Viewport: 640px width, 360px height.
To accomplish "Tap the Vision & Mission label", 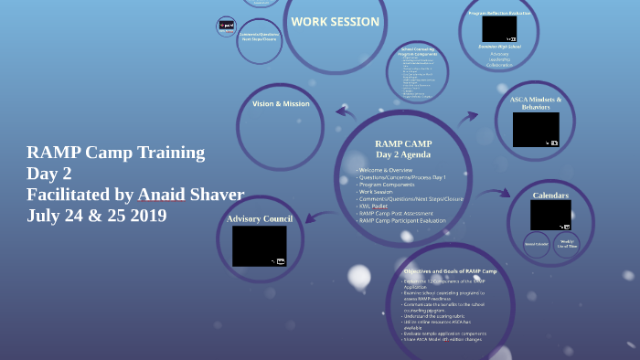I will coord(281,104).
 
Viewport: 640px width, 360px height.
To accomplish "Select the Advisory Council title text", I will coord(259,218).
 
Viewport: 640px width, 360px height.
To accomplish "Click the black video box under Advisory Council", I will coord(259,246).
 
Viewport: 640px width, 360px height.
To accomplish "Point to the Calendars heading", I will coord(550,196).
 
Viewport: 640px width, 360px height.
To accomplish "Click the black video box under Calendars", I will coord(550,215).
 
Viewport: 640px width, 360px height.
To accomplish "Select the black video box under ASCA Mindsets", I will coord(536,130).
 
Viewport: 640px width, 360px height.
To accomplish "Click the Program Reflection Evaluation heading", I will coord(500,13).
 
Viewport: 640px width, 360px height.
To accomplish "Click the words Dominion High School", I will coord(500,47).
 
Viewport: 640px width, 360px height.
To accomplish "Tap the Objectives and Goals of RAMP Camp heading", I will coord(450,272).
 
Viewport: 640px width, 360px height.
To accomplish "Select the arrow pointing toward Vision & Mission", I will coord(346,113).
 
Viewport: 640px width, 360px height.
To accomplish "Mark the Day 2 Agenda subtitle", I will coord(403,155).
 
